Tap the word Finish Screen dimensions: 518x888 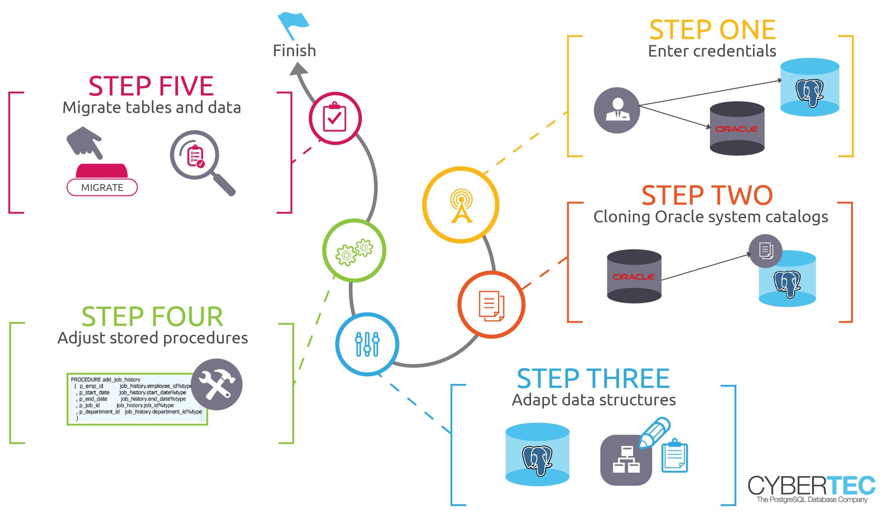pos(294,51)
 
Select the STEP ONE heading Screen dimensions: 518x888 pos(712,30)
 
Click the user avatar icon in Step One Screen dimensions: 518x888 pos(617,110)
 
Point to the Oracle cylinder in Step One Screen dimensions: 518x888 pos(737,129)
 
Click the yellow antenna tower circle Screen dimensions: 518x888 pos(461,205)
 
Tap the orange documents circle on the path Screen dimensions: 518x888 pos(491,305)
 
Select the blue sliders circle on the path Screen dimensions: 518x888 pos(367,344)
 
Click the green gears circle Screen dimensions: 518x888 pos(354,250)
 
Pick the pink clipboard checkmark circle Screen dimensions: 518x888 pos(335,118)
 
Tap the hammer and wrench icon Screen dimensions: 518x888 pos(217,384)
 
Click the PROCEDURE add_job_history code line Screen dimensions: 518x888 pos(106,380)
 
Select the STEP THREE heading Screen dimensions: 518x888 pos(593,379)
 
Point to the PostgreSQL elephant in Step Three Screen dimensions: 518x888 pos(537,460)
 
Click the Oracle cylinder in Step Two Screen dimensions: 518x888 pos(634,276)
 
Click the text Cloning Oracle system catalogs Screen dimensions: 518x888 pos(710,217)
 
